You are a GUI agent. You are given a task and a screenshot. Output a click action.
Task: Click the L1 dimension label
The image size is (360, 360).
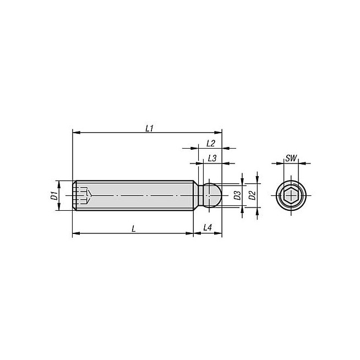(x=149, y=129)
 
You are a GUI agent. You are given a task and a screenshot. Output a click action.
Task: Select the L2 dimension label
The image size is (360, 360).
(x=210, y=144)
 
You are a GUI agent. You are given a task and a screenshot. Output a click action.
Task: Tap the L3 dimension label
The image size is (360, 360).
(x=212, y=158)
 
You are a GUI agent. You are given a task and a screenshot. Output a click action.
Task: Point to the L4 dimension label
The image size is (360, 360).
(x=208, y=227)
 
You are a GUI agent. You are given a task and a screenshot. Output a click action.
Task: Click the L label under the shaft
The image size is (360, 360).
(x=134, y=228)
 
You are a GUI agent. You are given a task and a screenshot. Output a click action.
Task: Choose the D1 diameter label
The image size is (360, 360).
(x=54, y=195)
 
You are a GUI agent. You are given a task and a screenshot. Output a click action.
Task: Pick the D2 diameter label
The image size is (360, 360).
(x=252, y=195)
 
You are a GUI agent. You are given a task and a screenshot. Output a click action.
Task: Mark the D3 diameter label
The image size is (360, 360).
(x=237, y=195)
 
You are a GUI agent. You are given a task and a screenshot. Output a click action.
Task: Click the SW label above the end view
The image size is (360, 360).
(x=291, y=158)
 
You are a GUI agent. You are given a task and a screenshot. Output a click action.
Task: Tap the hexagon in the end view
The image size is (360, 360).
(x=291, y=195)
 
